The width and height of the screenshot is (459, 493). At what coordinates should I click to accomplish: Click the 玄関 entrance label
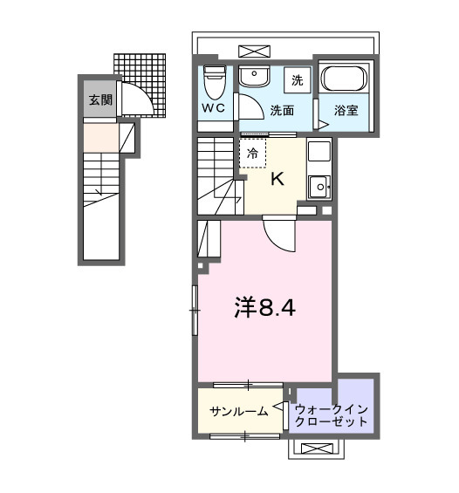[99, 99]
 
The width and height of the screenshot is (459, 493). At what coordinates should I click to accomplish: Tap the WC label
[214, 109]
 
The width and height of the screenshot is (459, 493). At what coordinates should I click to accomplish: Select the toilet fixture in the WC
[214, 83]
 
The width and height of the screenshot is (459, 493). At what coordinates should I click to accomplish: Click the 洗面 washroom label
[281, 110]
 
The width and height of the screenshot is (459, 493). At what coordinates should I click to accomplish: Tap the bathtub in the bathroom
[346, 81]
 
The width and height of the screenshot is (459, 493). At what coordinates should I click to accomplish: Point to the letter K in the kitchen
[277, 180]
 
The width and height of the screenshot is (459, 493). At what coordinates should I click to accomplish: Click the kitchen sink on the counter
[319, 185]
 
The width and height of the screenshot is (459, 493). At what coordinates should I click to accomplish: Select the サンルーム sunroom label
[238, 410]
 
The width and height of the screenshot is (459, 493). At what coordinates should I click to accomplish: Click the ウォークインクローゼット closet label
[332, 414]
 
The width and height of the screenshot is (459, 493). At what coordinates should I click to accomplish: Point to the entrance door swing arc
[140, 94]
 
